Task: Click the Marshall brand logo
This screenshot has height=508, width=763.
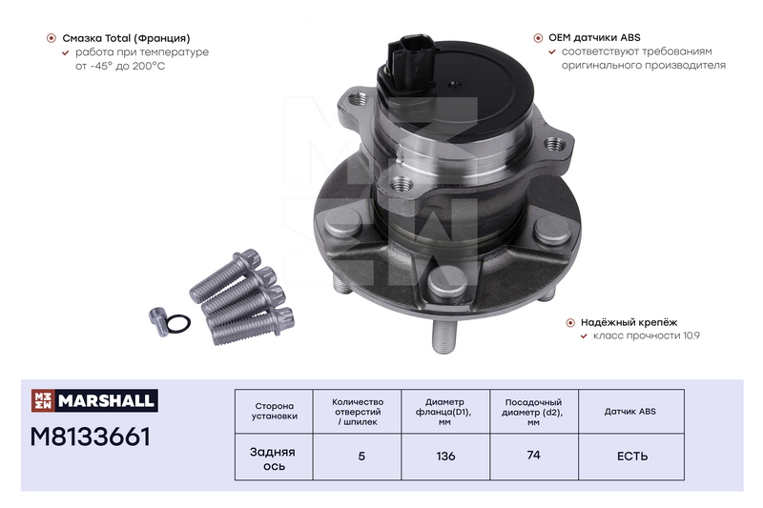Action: coord(94,400)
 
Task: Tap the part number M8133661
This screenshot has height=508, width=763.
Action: coord(91,437)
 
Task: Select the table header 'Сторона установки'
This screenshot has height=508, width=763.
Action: coord(274,412)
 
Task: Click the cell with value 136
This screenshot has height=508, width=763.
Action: coord(445,457)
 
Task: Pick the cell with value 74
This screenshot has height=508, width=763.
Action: coord(534,456)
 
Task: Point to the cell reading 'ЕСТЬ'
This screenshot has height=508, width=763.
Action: coord(632,457)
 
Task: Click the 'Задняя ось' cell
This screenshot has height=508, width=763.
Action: coord(274,458)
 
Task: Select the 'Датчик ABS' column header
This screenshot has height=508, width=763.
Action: coord(630,412)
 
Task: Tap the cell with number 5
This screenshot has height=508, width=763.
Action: coord(361,457)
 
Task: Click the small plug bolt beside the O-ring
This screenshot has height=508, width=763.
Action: coord(158,320)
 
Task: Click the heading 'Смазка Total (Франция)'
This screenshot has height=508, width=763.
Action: coord(126,38)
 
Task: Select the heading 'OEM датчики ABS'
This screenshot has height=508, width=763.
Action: coord(594,38)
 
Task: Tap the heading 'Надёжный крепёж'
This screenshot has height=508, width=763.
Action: coord(629,322)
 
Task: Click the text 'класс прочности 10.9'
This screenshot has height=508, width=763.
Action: coord(647,335)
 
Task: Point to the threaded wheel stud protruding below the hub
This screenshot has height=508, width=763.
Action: coord(443,335)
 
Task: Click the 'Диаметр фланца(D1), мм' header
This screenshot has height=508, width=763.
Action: coord(445,412)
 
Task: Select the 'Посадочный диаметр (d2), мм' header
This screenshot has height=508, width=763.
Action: coord(534,412)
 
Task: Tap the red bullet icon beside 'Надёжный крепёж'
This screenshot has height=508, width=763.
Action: coord(570,322)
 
